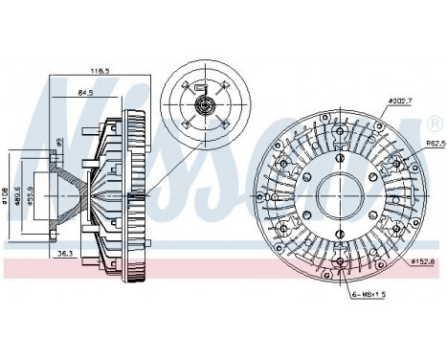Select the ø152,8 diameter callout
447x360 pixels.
422,261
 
